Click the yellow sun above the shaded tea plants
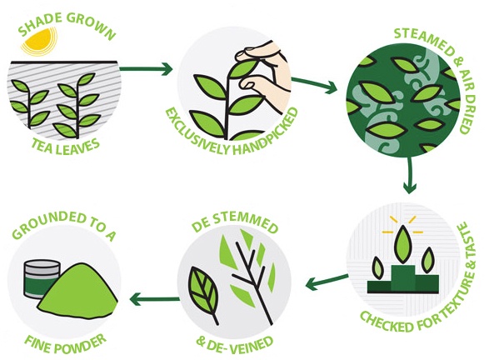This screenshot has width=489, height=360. pyautogui.click(x=38, y=41)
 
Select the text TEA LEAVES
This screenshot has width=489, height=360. pyautogui.click(x=66, y=147)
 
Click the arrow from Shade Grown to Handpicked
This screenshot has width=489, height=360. pyautogui.click(x=145, y=69)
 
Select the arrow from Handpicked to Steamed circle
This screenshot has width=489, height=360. pyautogui.click(x=314, y=84)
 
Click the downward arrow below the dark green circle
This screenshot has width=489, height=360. pyautogui.click(x=410, y=175)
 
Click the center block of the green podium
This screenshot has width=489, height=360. pyautogui.click(x=403, y=279)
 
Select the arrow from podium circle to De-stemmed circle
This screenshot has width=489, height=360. pyautogui.click(x=327, y=281)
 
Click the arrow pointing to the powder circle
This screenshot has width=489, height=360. pyautogui.click(x=155, y=300)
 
